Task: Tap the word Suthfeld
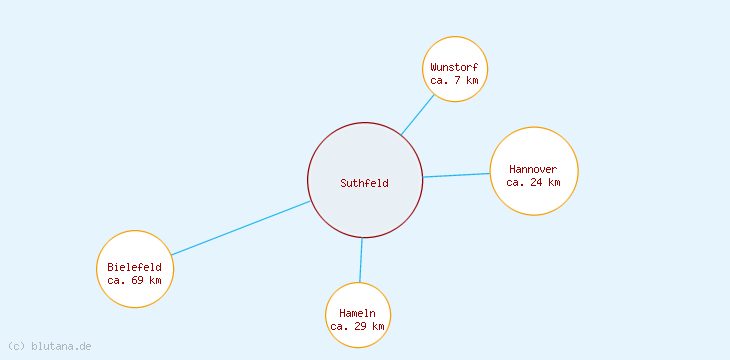(x=364, y=183)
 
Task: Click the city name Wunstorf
(x=454, y=67)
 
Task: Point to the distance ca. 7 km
(x=454, y=80)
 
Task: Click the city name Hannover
(x=533, y=169)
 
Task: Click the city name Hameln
(x=357, y=313)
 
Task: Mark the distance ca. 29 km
(x=357, y=326)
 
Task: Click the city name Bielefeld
(x=134, y=267)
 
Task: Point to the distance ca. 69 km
(x=134, y=280)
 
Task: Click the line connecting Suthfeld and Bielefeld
(x=240, y=228)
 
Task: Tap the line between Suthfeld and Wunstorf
(x=418, y=114)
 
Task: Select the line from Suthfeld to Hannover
(x=456, y=175)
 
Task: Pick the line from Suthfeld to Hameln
(x=361, y=260)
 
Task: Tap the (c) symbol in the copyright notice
(x=15, y=346)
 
